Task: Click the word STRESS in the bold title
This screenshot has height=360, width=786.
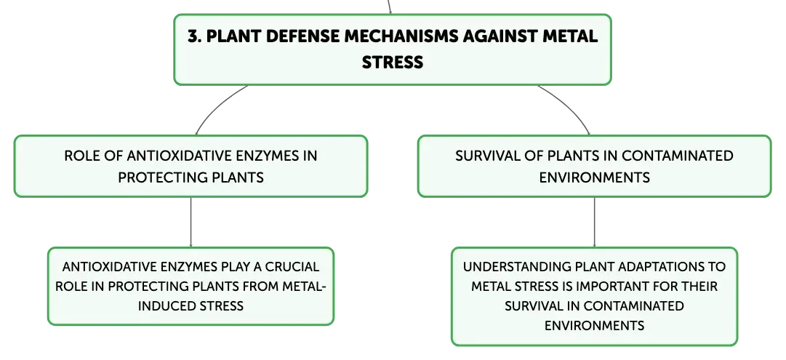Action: (x=393, y=62)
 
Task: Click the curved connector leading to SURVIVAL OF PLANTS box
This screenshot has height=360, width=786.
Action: (x=569, y=106)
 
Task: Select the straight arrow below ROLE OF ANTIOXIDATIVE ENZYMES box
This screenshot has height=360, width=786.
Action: (x=191, y=222)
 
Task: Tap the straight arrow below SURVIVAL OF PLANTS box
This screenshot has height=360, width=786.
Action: (x=595, y=222)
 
